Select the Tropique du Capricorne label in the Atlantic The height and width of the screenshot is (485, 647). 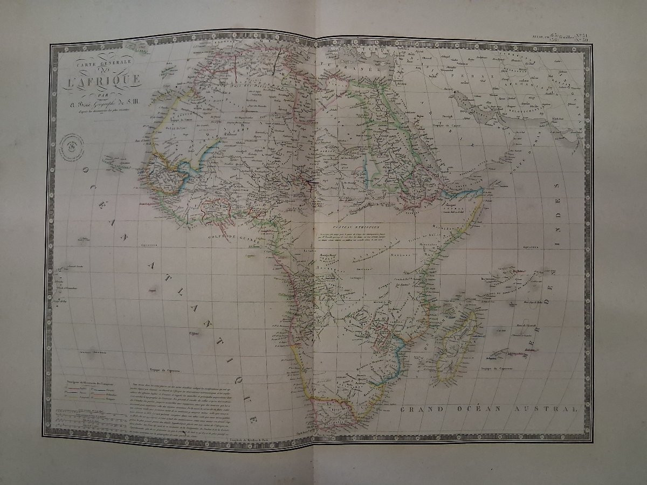pyautogui.click(x=164, y=371)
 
